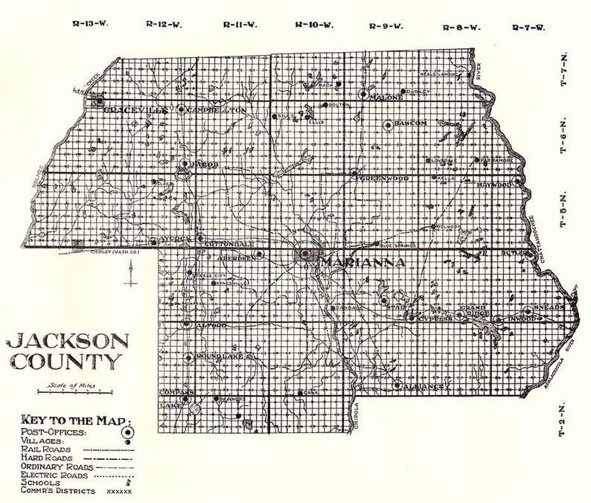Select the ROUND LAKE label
(x=219, y=359)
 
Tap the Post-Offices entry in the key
(x=54, y=432)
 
